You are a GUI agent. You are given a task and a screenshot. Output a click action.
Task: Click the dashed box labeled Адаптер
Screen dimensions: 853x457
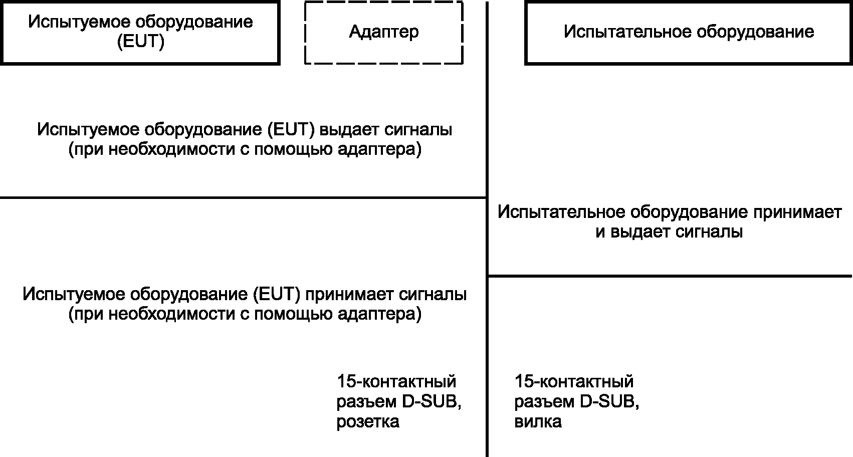(x=383, y=33)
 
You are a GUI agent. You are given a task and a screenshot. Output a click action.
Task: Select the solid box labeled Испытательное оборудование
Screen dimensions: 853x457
(x=688, y=33)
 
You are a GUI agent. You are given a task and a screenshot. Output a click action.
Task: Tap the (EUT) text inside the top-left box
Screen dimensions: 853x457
(x=140, y=43)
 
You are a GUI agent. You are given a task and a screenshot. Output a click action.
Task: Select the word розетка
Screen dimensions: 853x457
(x=368, y=422)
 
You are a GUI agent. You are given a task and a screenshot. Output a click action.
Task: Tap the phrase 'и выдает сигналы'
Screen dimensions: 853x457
(x=669, y=233)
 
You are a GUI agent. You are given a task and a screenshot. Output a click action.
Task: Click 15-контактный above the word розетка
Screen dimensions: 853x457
(x=396, y=382)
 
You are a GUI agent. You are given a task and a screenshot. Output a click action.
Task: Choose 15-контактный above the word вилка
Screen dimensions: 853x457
(x=574, y=382)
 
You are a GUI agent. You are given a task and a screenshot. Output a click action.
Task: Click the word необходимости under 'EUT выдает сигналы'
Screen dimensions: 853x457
(x=167, y=150)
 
